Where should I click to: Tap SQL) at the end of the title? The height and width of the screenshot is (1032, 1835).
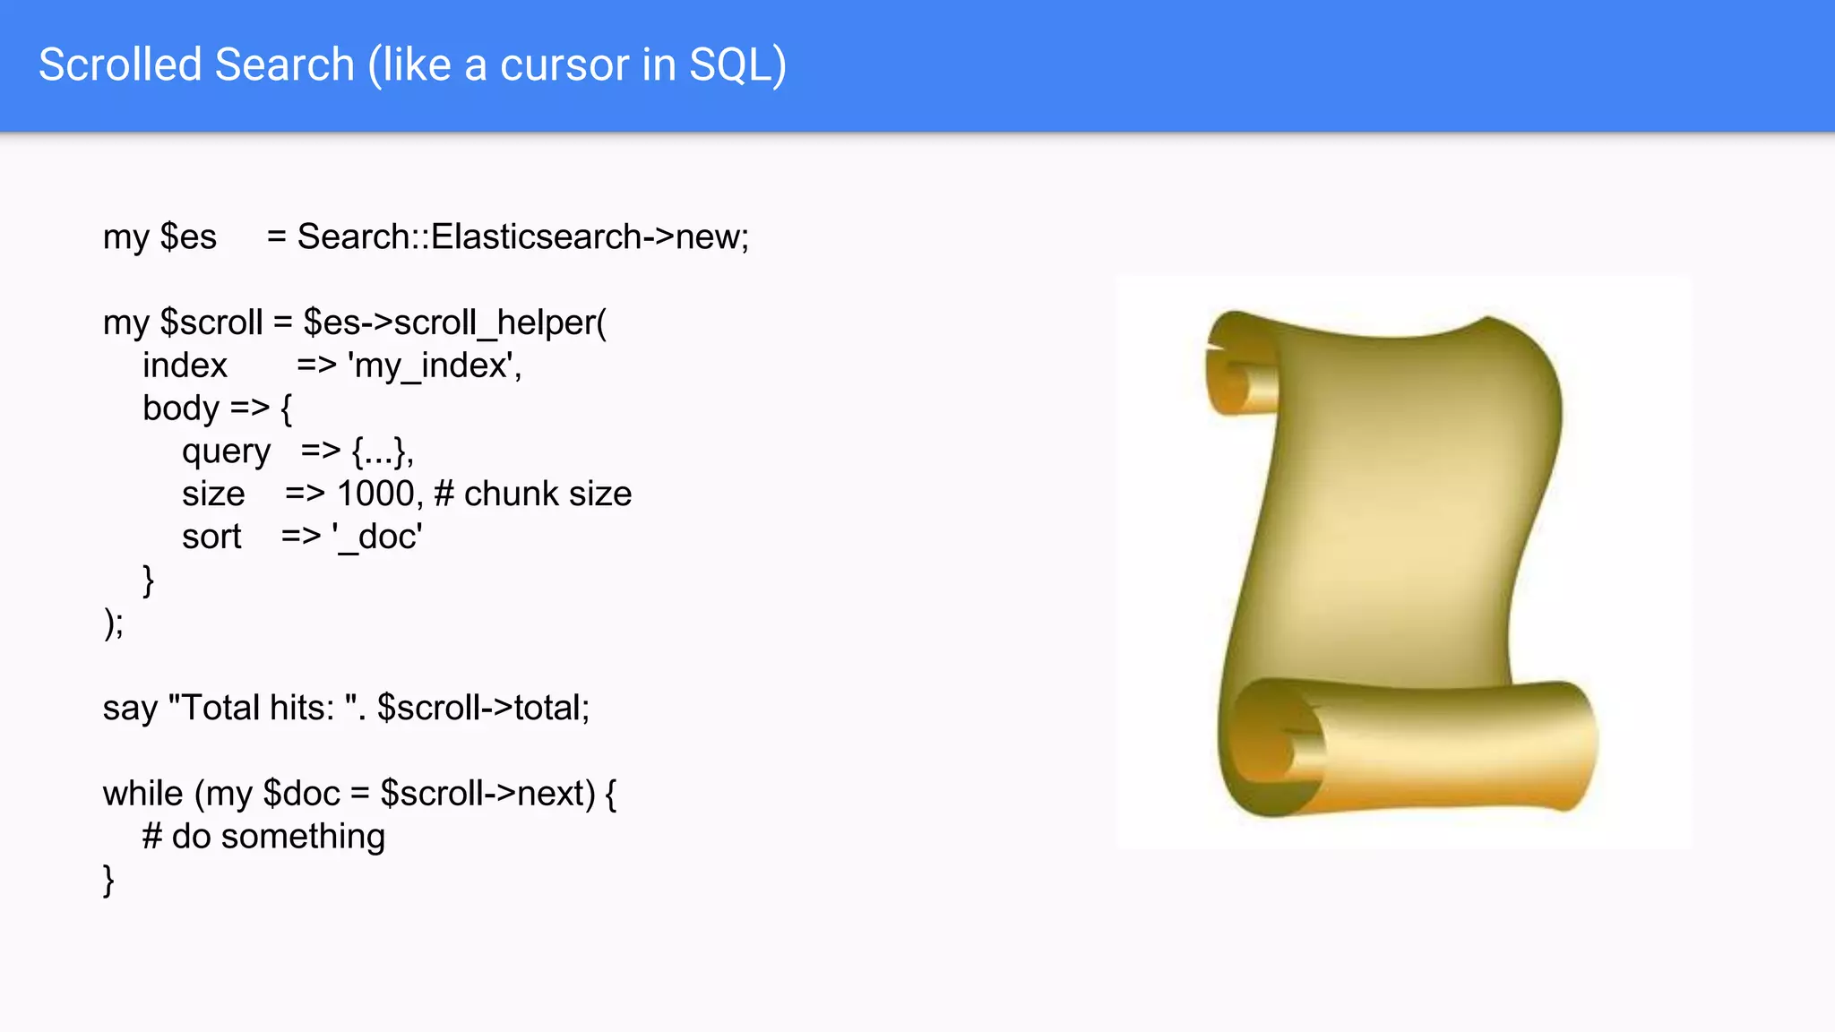click(x=737, y=64)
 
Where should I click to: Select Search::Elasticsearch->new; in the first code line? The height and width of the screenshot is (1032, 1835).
click(x=522, y=236)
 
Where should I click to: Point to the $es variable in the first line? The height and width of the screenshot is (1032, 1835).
click(x=188, y=236)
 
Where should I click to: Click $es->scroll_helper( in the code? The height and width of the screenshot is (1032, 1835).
click(x=454, y=322)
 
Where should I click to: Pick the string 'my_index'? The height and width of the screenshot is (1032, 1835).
click(x=435, y=365)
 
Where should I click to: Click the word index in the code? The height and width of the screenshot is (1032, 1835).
click(x=185, y=365)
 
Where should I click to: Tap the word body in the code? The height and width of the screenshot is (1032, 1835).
click(x=181, y=408)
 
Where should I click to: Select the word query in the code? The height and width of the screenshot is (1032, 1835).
click(x=226, y=451)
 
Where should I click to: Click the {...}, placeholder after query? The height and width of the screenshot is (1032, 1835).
click(x=383, y=451)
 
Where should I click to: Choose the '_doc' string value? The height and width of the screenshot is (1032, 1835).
click(x=377, y=537)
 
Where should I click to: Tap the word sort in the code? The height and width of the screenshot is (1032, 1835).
click(x=211, y=537)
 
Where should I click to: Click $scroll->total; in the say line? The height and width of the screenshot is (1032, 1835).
click(x=483, y=708)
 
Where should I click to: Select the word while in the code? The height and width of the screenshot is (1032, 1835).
click(x=143, y=794)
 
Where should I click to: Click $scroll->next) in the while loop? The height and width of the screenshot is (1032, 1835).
click(x=488, y=794)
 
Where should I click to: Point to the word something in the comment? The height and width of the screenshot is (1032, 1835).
click(x=303, y=837)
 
